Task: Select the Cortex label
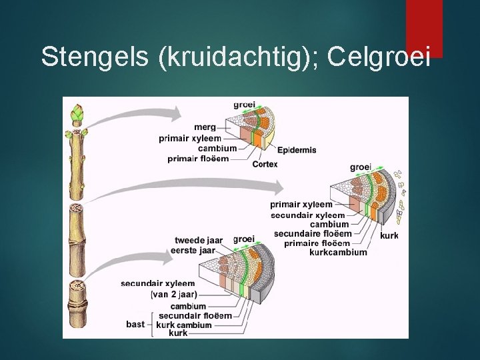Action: (x=265, y=164)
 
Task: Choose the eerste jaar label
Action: (x=193, y=250)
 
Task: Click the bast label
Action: (x=135, y=325)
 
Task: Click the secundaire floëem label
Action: (x=313, y=234)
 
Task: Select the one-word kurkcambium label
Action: (x=338, y=253)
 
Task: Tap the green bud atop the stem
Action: (x=78, y=115)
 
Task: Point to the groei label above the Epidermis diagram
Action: (x=243, y=104)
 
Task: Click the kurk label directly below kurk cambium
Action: (x=178, y=333)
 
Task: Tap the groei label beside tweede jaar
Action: (x=244, y=239)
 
